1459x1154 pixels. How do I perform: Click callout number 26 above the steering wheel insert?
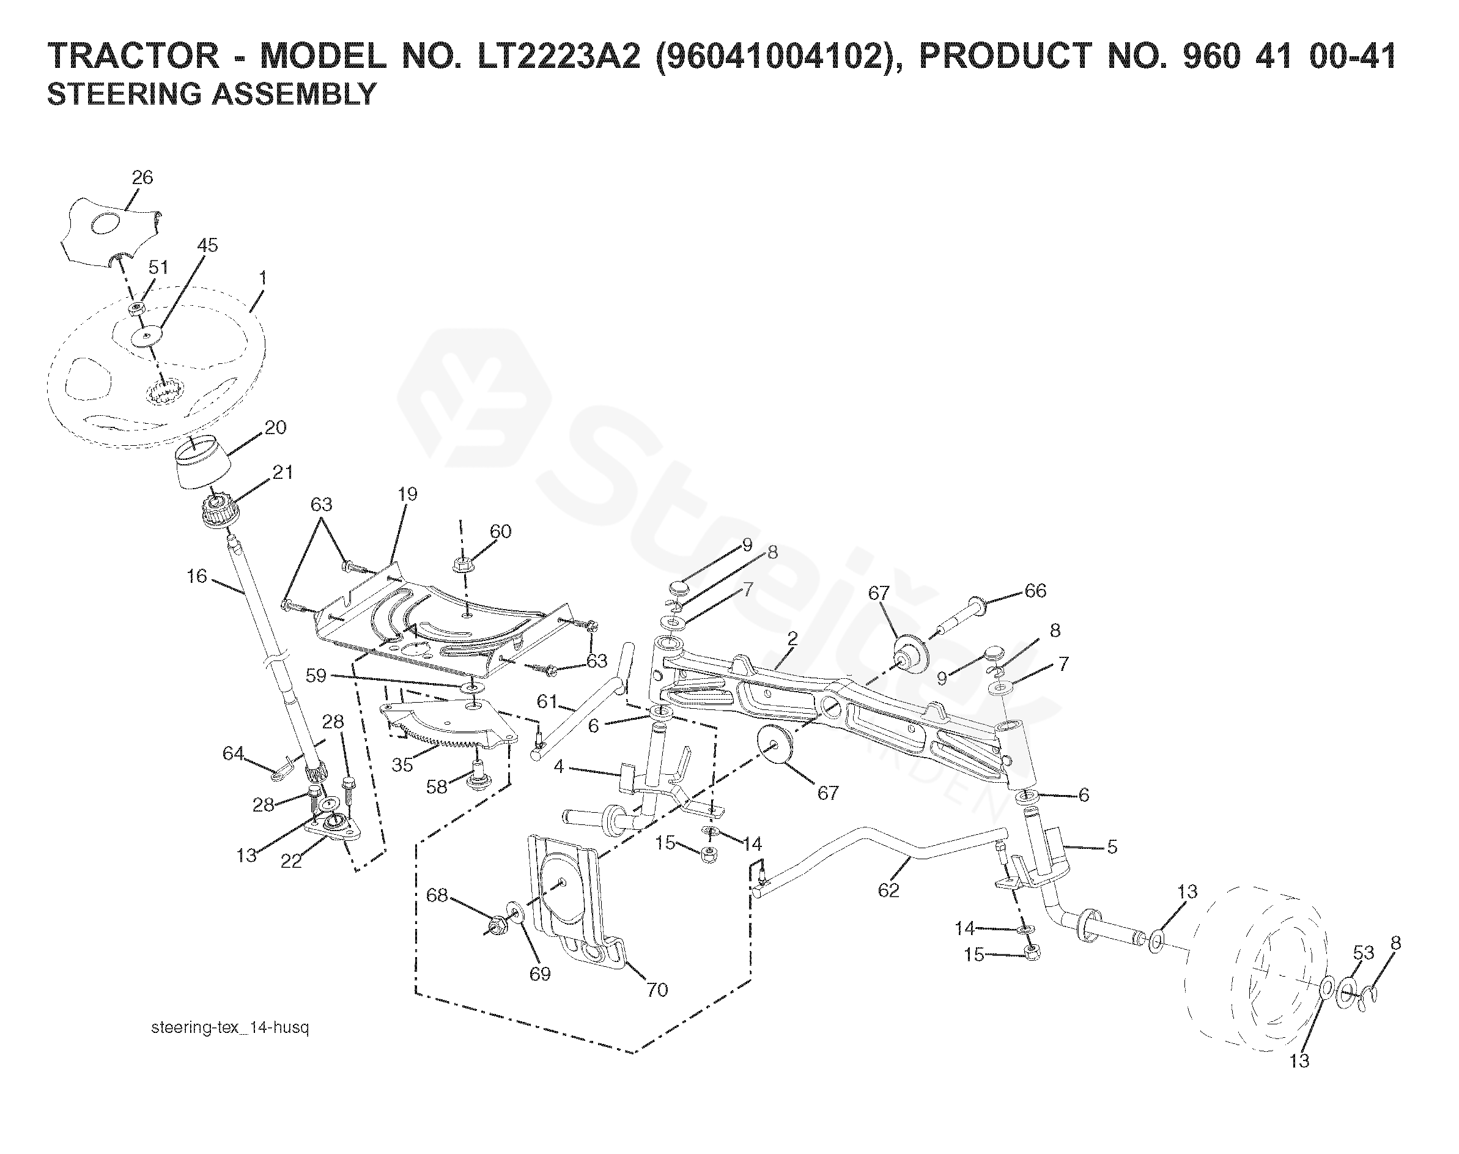[x=142, y=178]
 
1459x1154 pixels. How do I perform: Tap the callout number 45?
[x=207, y=245]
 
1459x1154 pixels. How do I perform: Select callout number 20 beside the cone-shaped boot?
[x=275, y=427]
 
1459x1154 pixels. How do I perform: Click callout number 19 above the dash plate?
[x=407, y=494]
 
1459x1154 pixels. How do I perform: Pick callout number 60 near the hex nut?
[x=501, y=531]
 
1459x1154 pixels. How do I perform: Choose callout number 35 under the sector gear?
[x=402, y=766]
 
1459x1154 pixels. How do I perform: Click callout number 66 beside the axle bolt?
[x=1035, y=591]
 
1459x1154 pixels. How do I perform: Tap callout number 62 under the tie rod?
[x=889, y=890]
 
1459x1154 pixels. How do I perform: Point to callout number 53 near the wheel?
[x=1364, y=953]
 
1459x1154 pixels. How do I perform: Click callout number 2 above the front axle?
[x=792, y=638]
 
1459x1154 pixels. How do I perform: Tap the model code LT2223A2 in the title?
[x=560, y=56]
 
